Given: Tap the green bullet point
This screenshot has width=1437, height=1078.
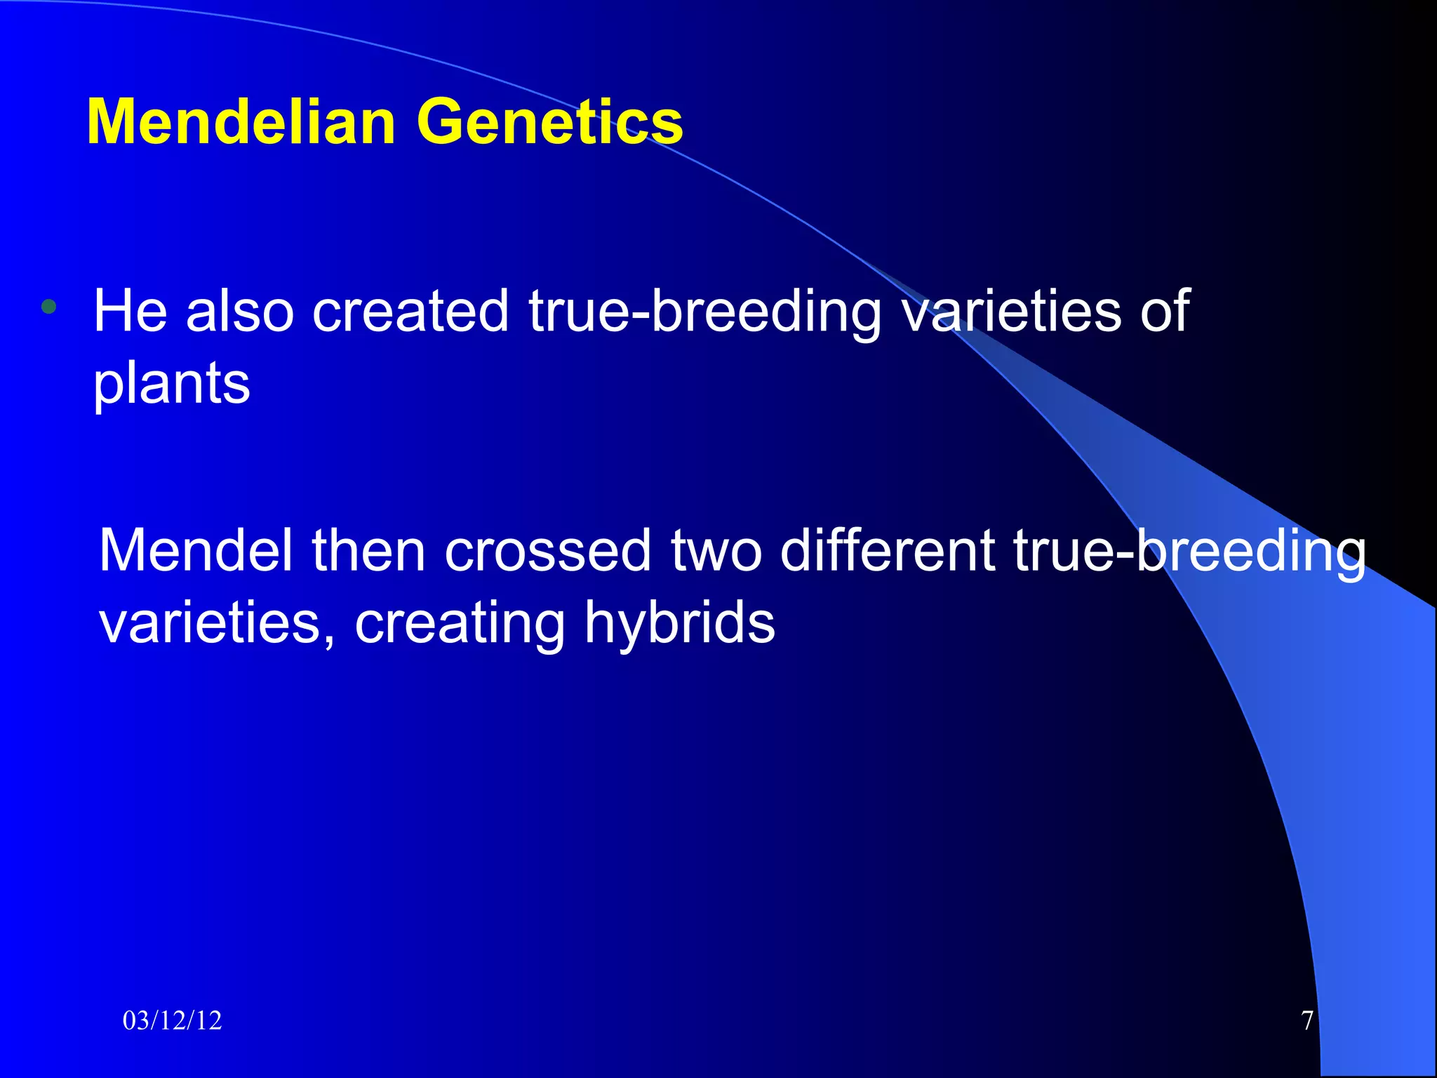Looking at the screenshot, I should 48,307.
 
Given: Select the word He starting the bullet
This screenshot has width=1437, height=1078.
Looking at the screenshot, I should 131,311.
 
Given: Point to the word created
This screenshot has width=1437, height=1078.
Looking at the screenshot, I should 410,311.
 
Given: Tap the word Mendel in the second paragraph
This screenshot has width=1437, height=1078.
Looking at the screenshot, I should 196,551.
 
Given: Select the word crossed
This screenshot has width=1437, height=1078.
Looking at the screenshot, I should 548,551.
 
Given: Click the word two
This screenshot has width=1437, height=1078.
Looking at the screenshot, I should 716,551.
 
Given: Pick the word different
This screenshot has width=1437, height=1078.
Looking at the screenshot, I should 887,551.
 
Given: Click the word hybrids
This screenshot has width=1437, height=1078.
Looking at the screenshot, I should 680,623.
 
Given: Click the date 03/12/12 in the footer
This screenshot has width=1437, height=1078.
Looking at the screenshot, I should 172,1020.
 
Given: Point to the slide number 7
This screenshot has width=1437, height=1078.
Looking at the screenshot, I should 1306,1020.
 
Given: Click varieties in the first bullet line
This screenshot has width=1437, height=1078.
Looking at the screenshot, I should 1011,311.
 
